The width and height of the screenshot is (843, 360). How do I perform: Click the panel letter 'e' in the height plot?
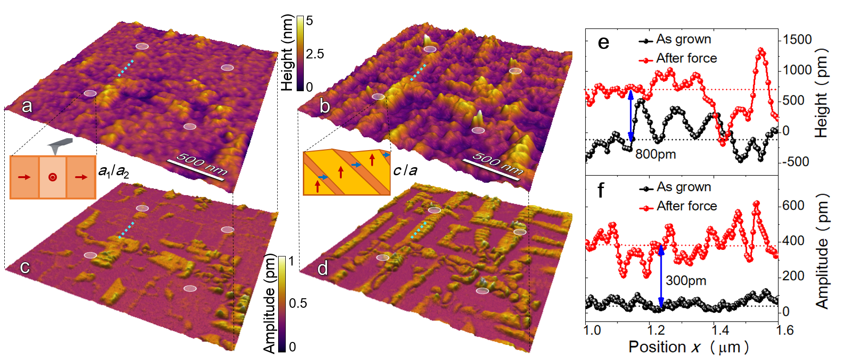coord(603,43)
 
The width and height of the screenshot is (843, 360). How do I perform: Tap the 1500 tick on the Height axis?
coord(797,39)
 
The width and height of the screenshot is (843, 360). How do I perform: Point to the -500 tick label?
coord(796,162)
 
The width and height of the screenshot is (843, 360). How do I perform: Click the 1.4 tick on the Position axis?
coord(720,330)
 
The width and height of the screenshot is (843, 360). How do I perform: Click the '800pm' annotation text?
coord(656,154)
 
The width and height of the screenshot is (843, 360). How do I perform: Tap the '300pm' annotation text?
coord(686,281)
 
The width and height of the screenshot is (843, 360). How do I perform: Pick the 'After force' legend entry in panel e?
coord(686,58)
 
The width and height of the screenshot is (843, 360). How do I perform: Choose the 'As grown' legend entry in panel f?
coord(684,187)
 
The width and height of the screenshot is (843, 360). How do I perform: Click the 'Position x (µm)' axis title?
coord(688,347)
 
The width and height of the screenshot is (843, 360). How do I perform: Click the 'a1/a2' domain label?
coord(113,171)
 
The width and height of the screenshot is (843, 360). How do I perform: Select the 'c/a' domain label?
coord(405,171)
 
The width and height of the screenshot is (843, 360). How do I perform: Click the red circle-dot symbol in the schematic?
coord(53,177)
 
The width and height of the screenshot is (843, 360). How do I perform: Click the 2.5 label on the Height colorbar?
coord(315,54)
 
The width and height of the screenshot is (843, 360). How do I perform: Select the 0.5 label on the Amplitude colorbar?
coord(298,303)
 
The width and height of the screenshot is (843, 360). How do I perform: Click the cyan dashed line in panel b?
coord(418,72)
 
